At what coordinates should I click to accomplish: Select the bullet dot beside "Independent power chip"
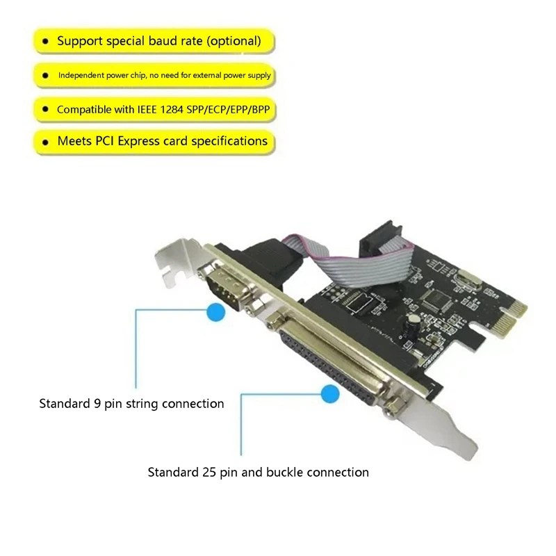coord(45,75)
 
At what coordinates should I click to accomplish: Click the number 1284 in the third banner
coord(172,110)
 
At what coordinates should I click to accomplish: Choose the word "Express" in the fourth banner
coord(138,141)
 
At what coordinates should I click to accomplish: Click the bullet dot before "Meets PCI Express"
coord(45,142)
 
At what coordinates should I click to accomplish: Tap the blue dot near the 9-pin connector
coord(216,312)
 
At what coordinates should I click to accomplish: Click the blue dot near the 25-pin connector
coord(330,393)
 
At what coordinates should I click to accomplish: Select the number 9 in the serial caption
coord(97,404)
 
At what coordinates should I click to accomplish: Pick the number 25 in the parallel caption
coord(209,473)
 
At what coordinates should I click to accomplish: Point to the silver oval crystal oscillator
coord(469,279)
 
